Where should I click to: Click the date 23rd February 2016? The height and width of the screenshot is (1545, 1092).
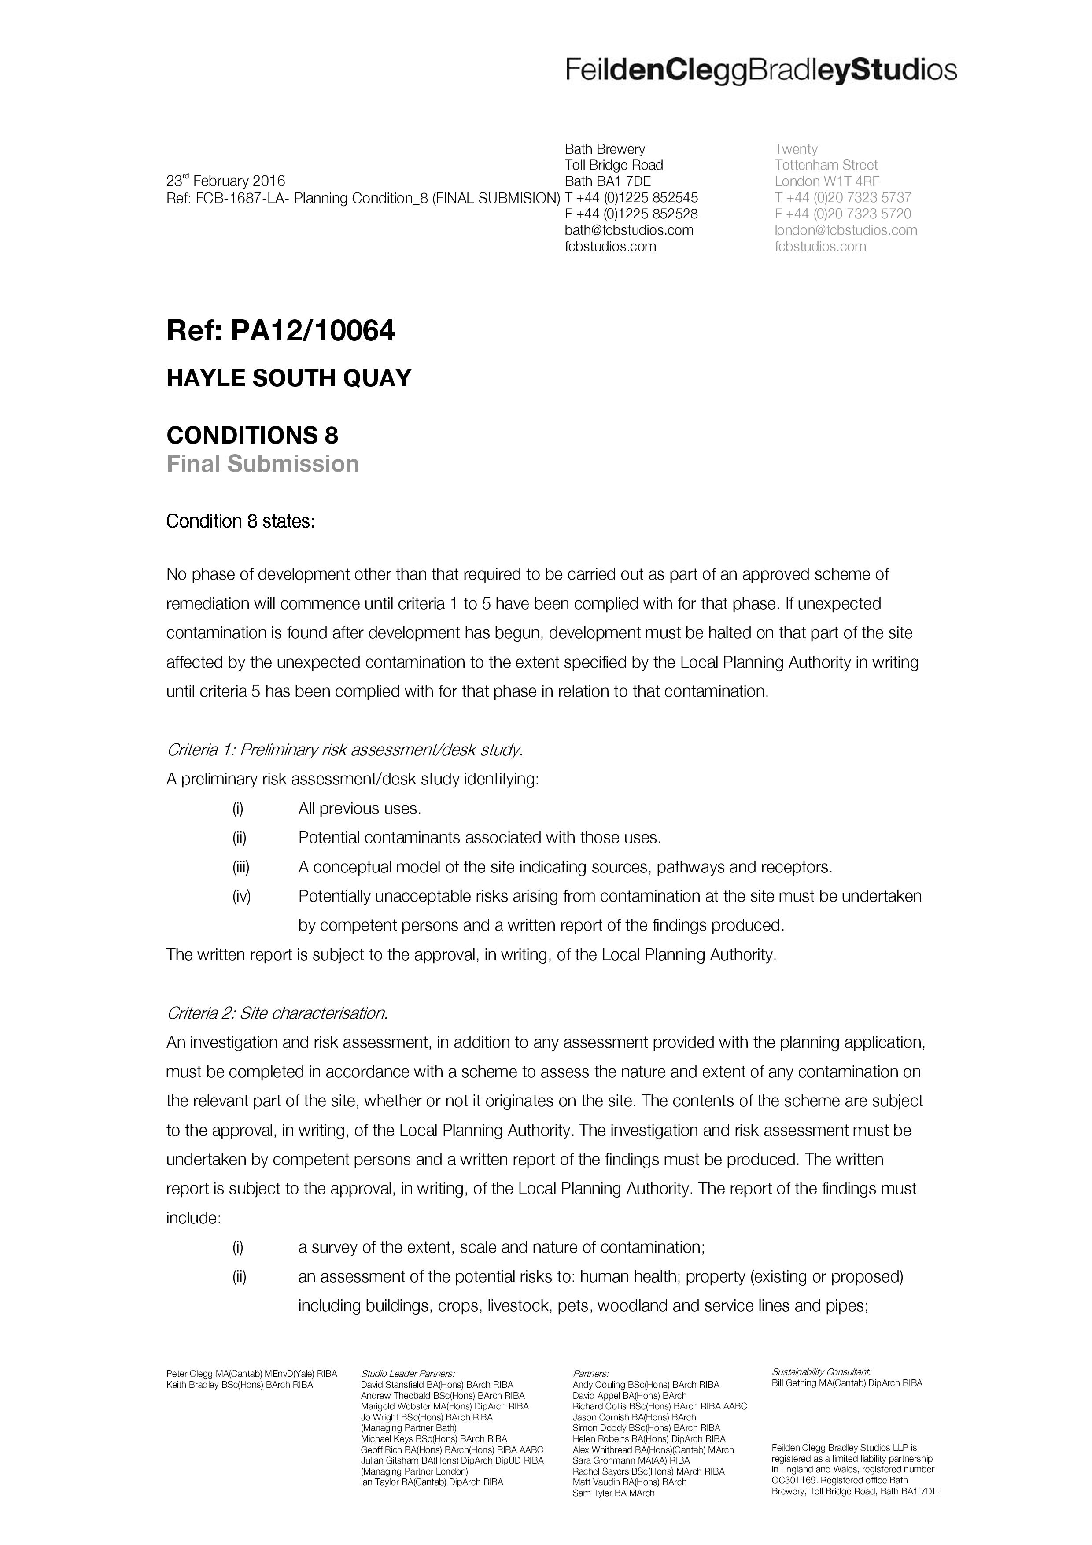pyautogui.click(x=225, y=181)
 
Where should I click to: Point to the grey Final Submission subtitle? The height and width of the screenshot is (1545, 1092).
pyautogui.click(x=262, y=464)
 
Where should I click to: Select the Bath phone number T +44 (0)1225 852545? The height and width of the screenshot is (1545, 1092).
pyautogui.click(x=631, y=198)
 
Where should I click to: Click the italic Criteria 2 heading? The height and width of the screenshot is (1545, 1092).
pyautogui.click(x=277, y=1013)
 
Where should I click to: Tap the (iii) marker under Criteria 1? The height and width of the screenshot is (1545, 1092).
pyautogui.click(x=241, y=867)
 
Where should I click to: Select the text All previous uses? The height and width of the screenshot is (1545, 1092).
pyautogui.click(x=359, y=809)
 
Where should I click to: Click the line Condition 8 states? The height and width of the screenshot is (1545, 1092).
pyautogui.click(x=240, y=521)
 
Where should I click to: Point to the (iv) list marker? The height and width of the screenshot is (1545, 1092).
pyautogui.click(x=241, y=896)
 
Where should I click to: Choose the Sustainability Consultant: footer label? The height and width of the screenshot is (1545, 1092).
pyautogui.click(x=821, y=1371)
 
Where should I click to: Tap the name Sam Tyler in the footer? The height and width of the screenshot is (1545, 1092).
pyautogui.click(x=592, y=1493)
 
